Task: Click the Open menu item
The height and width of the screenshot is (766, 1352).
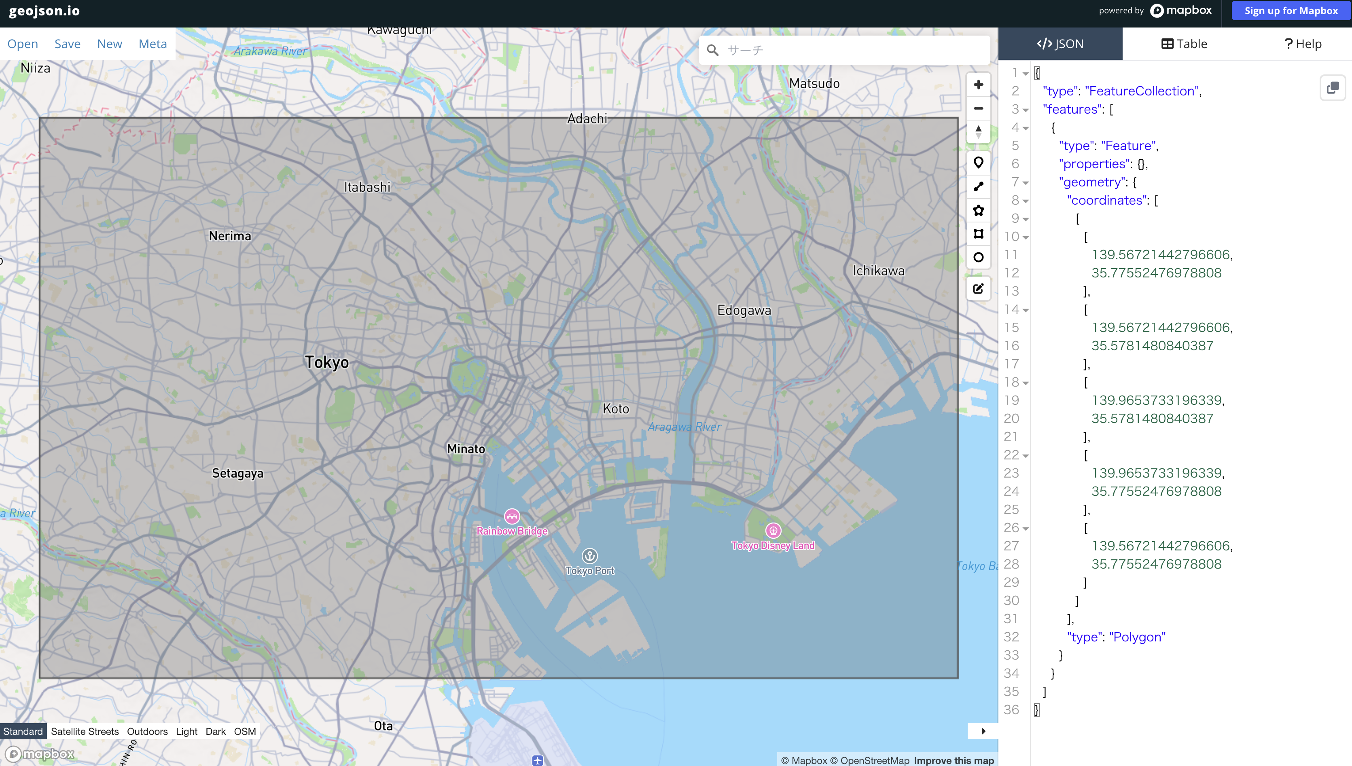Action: tap(23, 44)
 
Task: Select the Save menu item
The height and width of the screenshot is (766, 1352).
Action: tap(67, 44)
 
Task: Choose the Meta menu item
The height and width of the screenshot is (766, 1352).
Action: tap(153, 44)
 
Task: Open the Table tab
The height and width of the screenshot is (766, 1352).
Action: tap(1184, 44)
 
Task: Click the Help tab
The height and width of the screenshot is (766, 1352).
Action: tap(1303, 44)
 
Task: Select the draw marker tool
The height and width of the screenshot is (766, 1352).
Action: tap(978, 163)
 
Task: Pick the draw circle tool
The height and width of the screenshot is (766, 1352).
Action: tap(978, 257)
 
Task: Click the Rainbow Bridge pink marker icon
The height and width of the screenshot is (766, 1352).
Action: tap(512, 516)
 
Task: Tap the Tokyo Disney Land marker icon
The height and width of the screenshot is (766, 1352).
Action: tap(773, 530)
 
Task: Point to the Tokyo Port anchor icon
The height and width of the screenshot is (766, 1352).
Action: tap(589, 556)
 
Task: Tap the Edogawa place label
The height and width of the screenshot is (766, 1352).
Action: tap(744, 310)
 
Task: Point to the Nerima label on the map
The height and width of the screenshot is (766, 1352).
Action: tap(230, 236)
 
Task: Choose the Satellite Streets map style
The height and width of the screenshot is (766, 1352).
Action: tap(85, 731)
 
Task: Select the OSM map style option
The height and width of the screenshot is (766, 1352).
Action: tap(245, 731)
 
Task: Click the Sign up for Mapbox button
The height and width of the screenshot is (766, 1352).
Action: tap(1291, 11)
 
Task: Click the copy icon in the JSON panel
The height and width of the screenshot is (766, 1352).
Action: tap(1332, 88)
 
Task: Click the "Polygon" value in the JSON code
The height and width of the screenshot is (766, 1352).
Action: tap(1137, 637)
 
